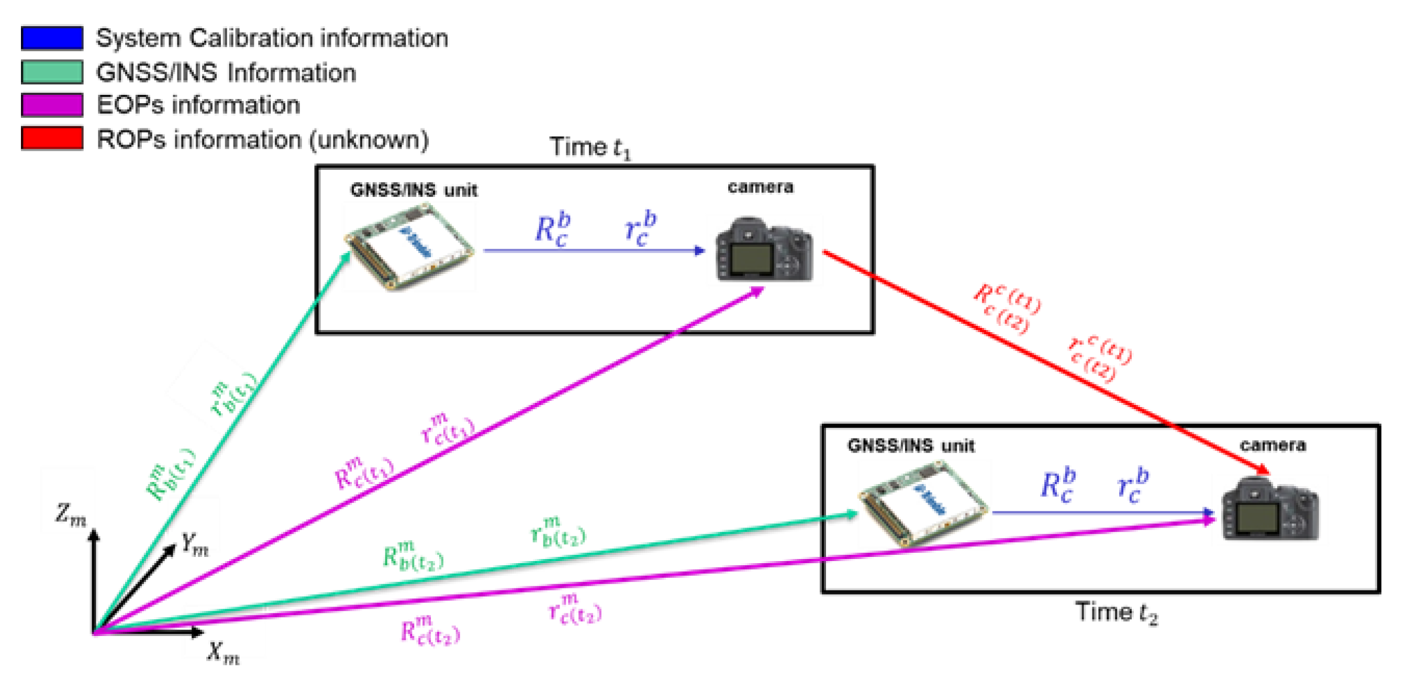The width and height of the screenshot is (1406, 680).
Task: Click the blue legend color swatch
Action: tap(52, 38)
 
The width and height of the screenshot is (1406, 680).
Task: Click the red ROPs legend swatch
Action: tap(52, 138)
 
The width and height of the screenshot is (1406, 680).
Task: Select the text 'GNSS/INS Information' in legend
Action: tap(226, 73)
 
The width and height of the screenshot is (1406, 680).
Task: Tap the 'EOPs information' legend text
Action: tap(198, 105)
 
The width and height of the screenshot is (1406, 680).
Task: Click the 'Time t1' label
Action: tap(590, 147)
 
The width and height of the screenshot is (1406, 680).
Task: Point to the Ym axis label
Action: tap(195, 544)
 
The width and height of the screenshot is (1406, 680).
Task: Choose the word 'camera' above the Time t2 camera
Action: tap(1273, 445)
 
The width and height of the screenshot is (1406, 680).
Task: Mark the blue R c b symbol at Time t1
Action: tap(552, 229)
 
